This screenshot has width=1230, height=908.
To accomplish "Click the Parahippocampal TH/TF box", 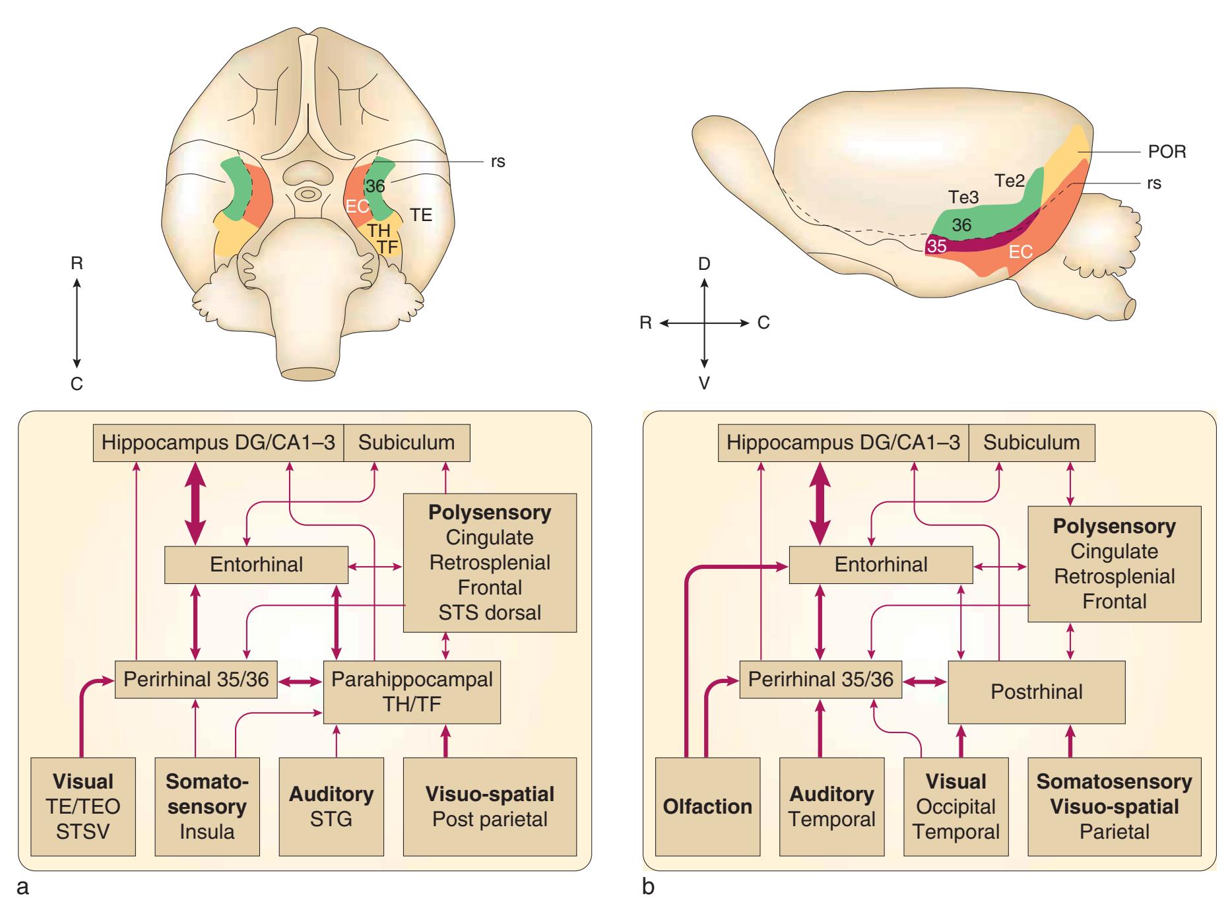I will pyautogui.click(x=412, y=692).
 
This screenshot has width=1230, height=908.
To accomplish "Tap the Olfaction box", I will pyautogui.click(x=707, y=806).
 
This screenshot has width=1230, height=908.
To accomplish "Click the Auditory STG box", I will pyautogui.click(x=331, y=806).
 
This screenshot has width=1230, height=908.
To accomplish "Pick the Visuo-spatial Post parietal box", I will pyautogui.click(x=490, y=806).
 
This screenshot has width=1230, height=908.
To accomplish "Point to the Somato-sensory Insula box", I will pyautogui.click(x=207, y=806).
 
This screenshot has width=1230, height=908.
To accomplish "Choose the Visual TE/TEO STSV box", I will pyautogui.click(x=83, y=806).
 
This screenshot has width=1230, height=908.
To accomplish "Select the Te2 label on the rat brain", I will pyautogui.click(x=1010, y=180).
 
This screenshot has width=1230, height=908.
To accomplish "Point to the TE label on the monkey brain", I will pyautogui.click(x=421, y=214).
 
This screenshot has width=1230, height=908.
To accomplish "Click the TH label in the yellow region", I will pyautogui.click(x=379, y=230).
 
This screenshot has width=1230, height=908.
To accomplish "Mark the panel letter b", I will pyautogui.click(x=649, y=887).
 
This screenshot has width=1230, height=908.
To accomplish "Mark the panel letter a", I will pyautogui.click(x=23, y=887).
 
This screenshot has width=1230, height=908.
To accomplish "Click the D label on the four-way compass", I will pyautogui.click(x=704, y=264).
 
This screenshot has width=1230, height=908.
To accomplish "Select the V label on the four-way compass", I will pyautogui.click(x=704, y=383).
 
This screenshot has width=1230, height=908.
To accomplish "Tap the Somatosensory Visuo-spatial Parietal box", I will pyautogui.click(x=1114, y=806).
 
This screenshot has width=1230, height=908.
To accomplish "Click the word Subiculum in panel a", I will pyautogui.click(x=406, y=442).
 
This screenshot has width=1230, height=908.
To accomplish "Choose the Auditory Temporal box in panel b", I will pyautogui.click(x=831, y=806).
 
